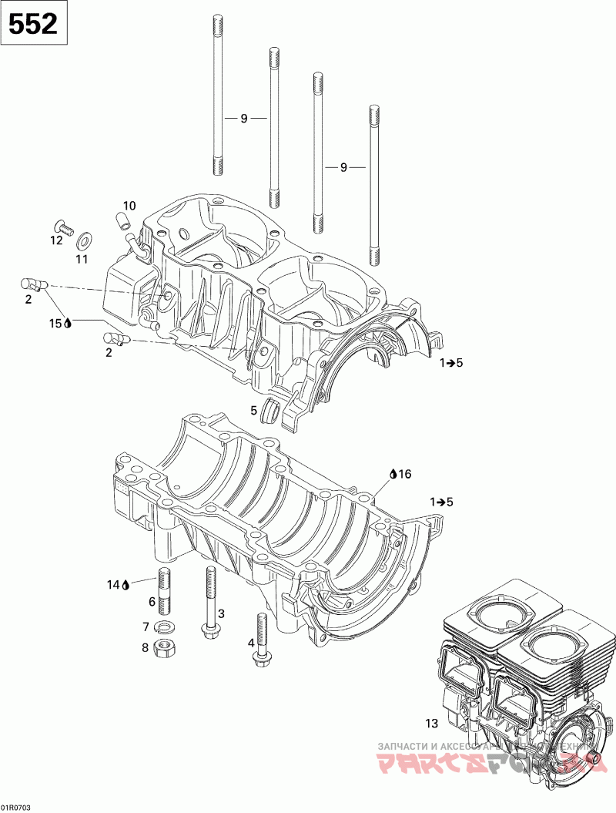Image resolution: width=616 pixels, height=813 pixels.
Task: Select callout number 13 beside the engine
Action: pyautogui.click(x=431, y=723)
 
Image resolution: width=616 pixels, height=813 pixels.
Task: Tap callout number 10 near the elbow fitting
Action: pyautogui.click(x=129, y=206)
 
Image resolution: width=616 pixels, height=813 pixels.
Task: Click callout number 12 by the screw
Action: pyautogui.click(x=56, y=240)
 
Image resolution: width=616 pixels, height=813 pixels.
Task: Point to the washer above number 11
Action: pyautogui.click(x=84, y=234)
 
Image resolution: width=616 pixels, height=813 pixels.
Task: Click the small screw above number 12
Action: pyautogui.click(x=62, y=226)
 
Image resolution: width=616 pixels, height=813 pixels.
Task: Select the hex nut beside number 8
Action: pyautogui.click(x=162, y=647)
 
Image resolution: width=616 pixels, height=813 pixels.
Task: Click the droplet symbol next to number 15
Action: pyautogui.click(x=68, y=324)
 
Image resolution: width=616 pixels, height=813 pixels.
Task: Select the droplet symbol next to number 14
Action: pyautogui.click(x=126, y=585)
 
